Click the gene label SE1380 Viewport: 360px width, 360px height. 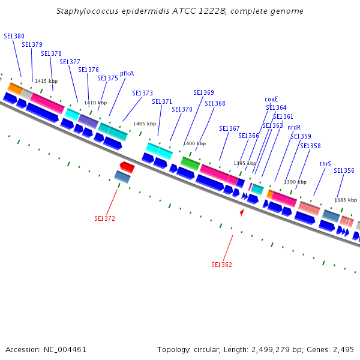14,36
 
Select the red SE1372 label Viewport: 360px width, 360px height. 104,218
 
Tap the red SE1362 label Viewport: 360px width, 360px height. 221,265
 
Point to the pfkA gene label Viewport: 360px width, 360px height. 127,73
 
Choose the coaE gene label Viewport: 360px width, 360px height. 271,99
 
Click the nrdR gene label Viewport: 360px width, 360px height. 293,127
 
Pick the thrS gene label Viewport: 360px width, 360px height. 325,164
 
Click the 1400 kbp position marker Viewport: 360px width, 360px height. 194,144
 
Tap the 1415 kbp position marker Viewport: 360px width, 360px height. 46,81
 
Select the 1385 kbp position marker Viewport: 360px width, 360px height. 345,200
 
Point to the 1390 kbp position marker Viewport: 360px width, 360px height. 295,182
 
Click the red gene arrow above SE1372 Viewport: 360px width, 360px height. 127,166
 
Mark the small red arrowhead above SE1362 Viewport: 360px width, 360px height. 242,212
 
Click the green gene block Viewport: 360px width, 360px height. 190,163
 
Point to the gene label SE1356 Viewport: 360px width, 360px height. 344,170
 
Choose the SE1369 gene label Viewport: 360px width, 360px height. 203,92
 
